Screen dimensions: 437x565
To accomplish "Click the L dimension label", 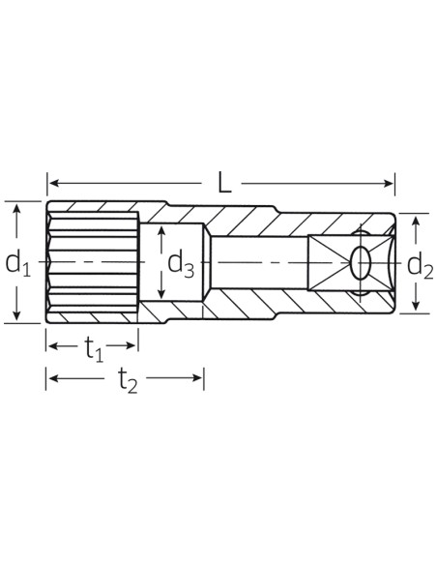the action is (224, 183).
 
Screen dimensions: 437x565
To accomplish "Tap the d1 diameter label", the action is (17, 264).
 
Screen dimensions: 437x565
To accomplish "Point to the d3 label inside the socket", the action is (181, 265).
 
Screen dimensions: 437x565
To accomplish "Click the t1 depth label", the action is (94, 349).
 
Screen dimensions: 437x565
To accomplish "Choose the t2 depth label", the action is (128, 381).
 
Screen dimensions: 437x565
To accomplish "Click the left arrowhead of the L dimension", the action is (54, 183).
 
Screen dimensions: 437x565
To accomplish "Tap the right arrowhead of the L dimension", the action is (389, 183).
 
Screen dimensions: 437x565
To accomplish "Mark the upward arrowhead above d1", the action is (16, 209).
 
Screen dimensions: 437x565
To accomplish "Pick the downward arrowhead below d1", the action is (16, 314).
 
